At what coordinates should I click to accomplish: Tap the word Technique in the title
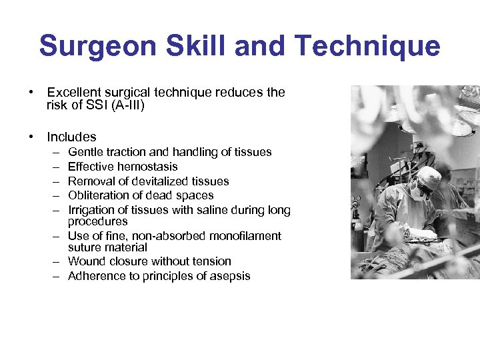point(367,46)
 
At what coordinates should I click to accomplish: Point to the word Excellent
point(73,93)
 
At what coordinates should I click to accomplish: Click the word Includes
point(71,137)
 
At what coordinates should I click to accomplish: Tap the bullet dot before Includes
point(31,137)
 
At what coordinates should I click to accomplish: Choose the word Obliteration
point(97,195)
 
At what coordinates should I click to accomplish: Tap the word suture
point(85,247)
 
